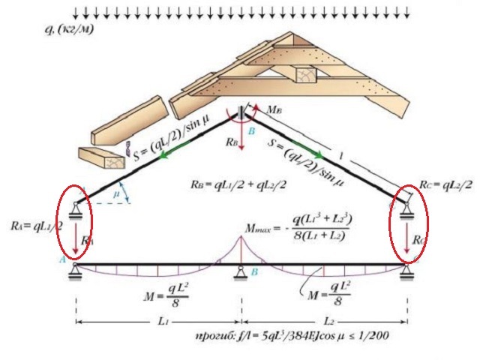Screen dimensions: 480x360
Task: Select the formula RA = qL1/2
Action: point(37,224)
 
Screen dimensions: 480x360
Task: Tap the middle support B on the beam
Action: point(240,271)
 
